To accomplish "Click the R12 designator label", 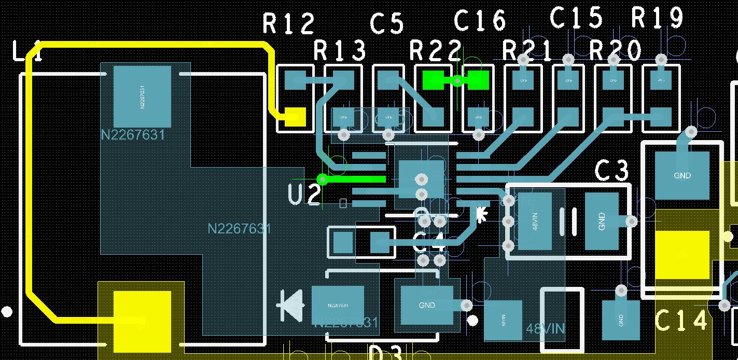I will (288, 23).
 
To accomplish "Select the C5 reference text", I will (387, 23).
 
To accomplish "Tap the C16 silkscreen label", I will (480, 21).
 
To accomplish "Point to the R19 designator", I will (657, 18).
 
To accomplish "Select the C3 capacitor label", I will (611, 171).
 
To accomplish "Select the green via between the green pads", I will (457, 80).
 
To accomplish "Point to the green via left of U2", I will (323, 179).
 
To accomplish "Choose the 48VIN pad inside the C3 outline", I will (534, 221).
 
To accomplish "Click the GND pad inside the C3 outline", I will (602, 221).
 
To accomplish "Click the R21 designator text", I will (527, 51).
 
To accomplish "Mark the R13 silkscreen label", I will (340, 51).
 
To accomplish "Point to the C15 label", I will (576, 18).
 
